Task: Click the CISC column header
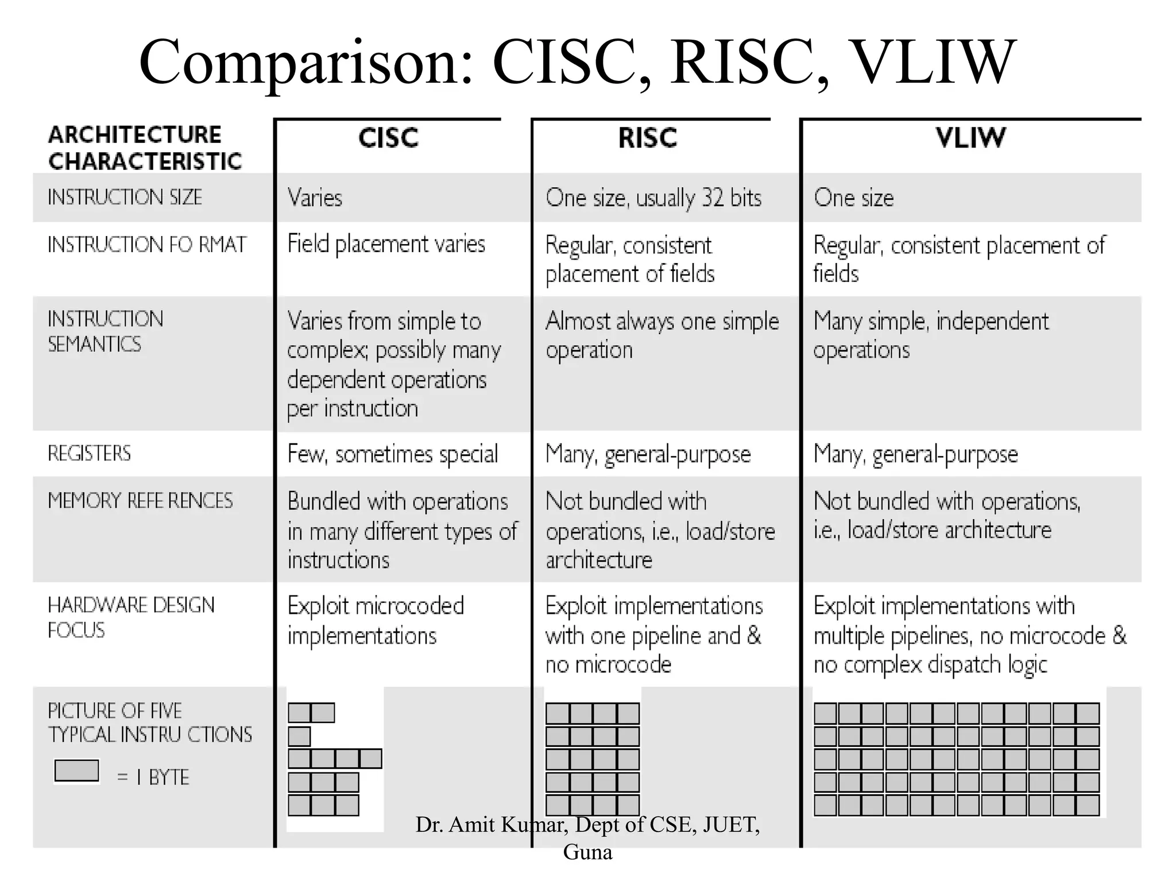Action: coord(388,138)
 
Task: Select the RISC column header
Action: coord(648,138)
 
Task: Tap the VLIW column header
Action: coord(970,138)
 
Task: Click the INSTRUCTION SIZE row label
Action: coord(125,198)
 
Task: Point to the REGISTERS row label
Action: coord(90,454)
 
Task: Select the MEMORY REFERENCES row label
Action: coord(140,501)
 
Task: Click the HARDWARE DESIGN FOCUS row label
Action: coord(131,617)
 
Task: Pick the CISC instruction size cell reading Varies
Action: coord(315,198)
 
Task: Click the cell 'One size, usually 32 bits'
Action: coord(653,198)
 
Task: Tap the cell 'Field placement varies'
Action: coord(386,244)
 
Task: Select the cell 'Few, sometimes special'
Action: coord(393,454)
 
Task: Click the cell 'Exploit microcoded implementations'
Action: coord(376,621)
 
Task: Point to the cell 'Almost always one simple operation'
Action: coord(661,335)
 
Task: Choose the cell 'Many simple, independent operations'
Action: coord(930,335)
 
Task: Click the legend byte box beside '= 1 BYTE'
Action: coord(76,771)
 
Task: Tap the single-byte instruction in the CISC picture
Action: coord(299,736)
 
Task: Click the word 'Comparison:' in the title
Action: coord(307,62)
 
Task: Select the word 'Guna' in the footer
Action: coord(587,852)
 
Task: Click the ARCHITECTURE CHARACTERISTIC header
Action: coord(145,148)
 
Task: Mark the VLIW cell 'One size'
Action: coord(853,198)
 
